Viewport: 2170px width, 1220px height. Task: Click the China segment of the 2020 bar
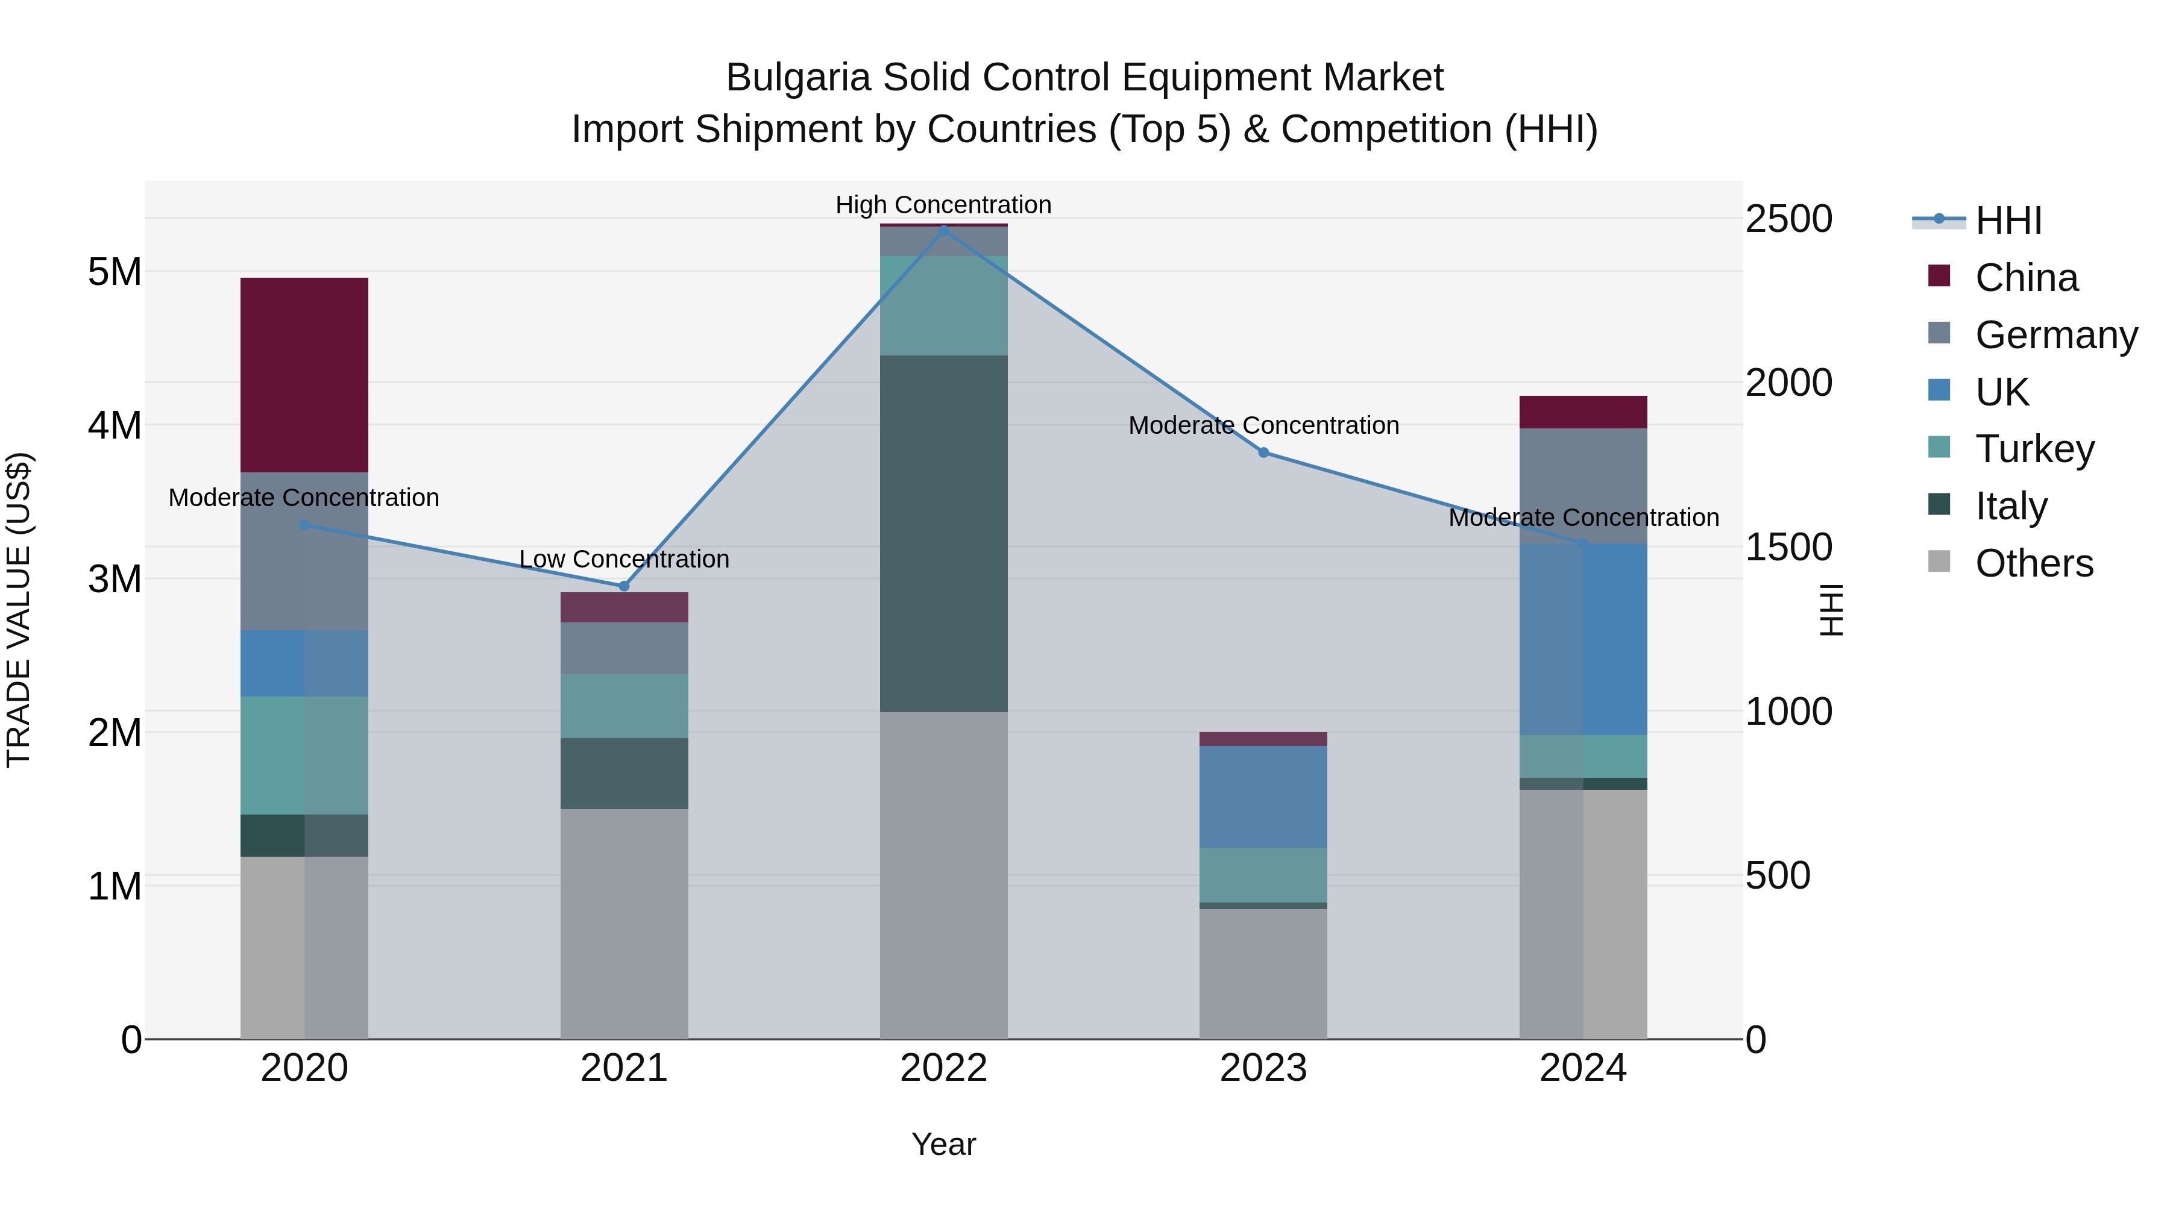pyautogui.click(x=304, y=375)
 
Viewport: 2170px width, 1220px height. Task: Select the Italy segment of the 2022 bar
pyautogui.click(x=943, y=534)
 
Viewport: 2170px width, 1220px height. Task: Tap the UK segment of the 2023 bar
pyautogui.click(x=1263, y=796)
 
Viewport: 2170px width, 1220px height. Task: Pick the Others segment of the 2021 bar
pyautogui.click(x=624, y=924)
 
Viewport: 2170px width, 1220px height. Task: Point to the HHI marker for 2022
pyautogui.click(x=943, y=229)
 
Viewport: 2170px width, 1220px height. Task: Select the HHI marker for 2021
pyautogui.click(x=624, y=586)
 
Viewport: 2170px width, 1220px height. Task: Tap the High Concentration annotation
pyautogui.click(x=943, y=205)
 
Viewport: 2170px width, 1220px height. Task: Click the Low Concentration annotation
pyautogui.click(x=624, y=559)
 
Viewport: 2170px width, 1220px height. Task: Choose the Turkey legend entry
pyautogui.click(x=2034, y=449)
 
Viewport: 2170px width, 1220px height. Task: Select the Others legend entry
pyautogui.click(x=2034, y=563)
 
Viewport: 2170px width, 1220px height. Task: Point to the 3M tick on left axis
pyautogui.click(x=115, y=578)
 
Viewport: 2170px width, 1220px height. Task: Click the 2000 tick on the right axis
pyautogui.click(x=1788, y=383)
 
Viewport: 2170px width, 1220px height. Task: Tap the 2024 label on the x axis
pyautogui.click(x=1583, y=1068)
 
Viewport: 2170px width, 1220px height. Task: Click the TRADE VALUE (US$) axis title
pyautogui.click(x=19, y=610)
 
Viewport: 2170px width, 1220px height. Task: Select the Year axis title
pyautogui.click(x=943, y=1144)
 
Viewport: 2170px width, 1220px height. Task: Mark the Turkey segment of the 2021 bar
pyautogui.click(x=624, y=705)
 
